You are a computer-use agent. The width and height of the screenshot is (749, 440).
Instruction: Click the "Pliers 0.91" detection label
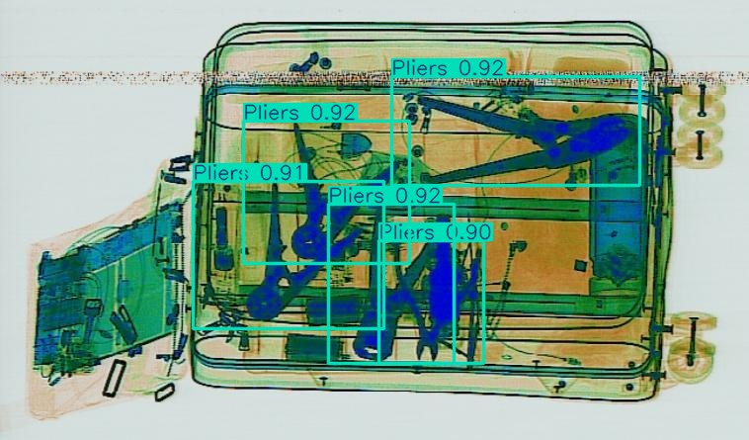click(250, 173)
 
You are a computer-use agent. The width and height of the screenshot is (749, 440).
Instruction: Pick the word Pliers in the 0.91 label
click(220, 173)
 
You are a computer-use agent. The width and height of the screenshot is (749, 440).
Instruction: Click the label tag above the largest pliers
click(449, 67)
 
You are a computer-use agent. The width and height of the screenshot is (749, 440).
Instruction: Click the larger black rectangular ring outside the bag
click(115, 378)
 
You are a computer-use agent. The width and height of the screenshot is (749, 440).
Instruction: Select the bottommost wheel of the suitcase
click(692, 359)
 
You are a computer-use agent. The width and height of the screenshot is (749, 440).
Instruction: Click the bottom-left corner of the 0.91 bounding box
click(195, 327)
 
